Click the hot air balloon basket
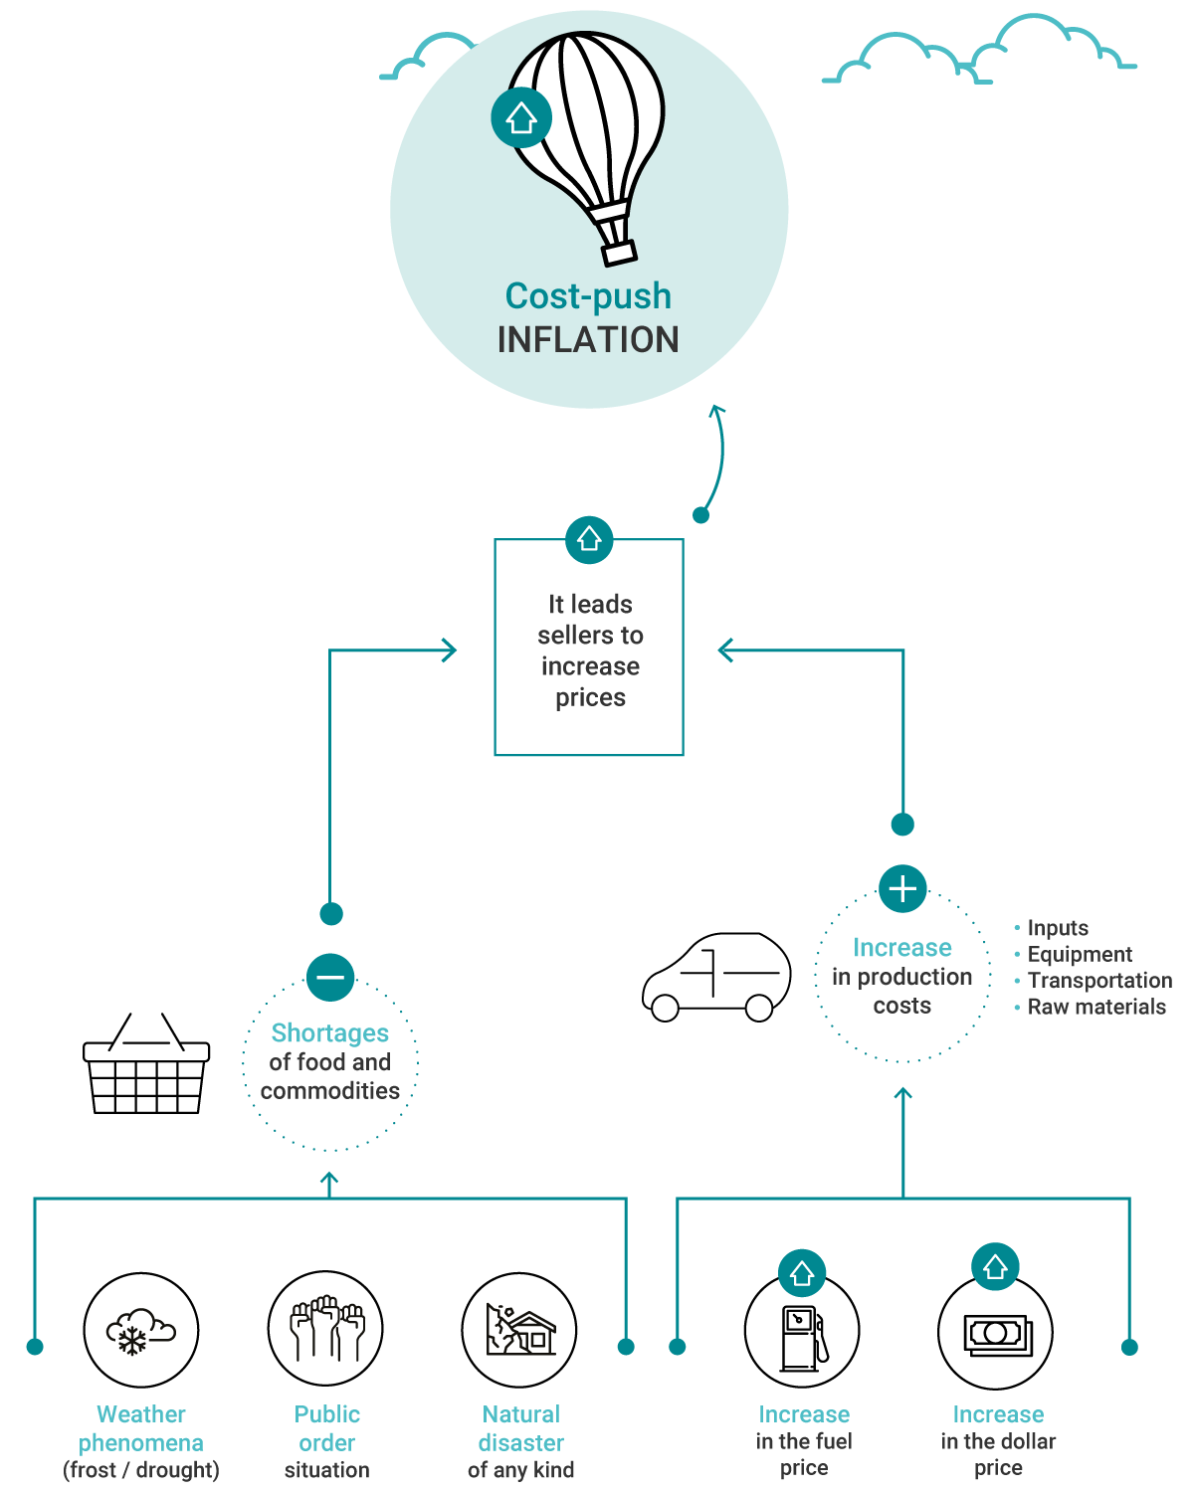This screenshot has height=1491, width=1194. [x=619, y=253]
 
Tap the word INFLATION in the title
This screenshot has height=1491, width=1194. [x=588, y=340]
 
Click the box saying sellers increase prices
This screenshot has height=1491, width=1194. [x=589, y=651]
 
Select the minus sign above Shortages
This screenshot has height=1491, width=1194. [x=330, y=978]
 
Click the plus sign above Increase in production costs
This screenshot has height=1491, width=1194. [x=902, y=888]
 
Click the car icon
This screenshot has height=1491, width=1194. [x=716, y=978]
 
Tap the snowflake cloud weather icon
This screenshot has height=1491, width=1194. [x=140, y=1331]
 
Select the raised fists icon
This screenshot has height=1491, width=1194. [x=326, y=1329]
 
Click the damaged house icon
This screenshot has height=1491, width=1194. [x=520, y=1331]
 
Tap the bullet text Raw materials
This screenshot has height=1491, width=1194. [x=1096, y=1007]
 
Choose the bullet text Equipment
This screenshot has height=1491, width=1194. [x=1080, y=954]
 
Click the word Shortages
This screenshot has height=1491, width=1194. [x=330, y=1033]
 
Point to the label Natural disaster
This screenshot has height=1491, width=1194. [x=521, y=1428]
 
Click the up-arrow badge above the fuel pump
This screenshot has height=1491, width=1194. [x=802, y=1273]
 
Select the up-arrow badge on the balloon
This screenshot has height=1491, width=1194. [x=521, y=118]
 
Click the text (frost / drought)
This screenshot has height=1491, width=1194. [x=141, y=1470]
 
